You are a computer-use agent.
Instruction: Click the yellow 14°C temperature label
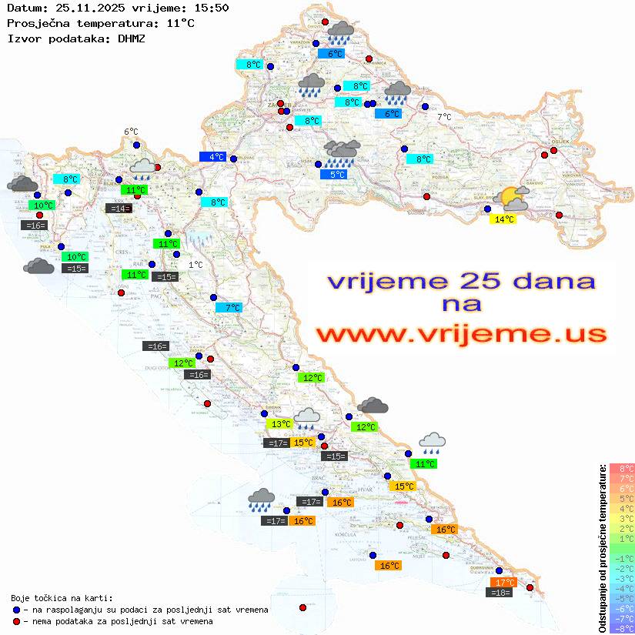coord(503,219)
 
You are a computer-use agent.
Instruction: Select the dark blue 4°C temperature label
coord(212,157)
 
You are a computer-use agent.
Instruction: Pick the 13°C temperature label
coord(279,424)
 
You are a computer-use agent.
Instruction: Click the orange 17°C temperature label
coord(505,583)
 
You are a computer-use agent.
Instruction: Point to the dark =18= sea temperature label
coord(500,593)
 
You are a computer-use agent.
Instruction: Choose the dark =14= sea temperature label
coord(119,209)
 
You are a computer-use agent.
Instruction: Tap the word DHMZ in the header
coord(132,38)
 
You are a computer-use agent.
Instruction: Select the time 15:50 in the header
coord(212,8)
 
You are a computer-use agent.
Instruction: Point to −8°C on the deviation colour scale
coord(622,629)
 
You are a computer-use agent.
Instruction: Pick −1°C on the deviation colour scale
coord(622,558)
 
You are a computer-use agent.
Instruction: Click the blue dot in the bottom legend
coord(16,610)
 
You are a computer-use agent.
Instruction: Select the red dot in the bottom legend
coord(16,621)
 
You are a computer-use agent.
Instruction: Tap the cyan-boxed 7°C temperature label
coord(229,308)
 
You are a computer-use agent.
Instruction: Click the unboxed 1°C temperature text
coord(196,265)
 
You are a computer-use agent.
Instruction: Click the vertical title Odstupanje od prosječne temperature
coord(602,548)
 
